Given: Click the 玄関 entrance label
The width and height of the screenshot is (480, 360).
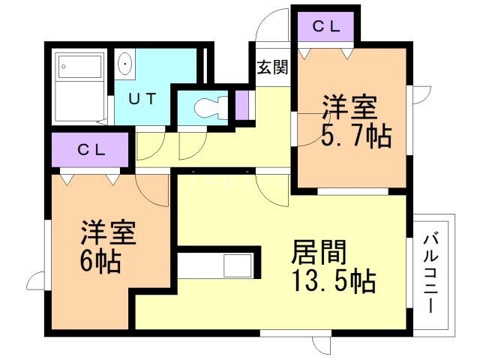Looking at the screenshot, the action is pyautogui.click(x=272, y=67).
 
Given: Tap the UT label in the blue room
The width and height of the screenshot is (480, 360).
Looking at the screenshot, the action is pyautogui.click(x=142, y=98).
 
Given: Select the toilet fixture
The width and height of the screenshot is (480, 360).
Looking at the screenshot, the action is pyautogui.click(x=211, y=106).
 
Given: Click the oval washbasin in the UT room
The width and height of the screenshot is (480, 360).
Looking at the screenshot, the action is pyautogui.click(x=125, y=64).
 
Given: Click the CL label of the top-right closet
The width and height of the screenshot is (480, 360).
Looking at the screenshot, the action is pyautogui.click(x=326, y=27).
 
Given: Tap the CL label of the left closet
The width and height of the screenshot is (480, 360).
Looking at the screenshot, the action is pyautogui.click(x=91, y=150).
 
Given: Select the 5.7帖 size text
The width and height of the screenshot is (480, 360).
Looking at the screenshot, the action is pyautogui.click(x=356, y=135).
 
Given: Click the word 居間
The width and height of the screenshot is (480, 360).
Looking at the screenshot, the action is pyautogui.click(x=319, y=252).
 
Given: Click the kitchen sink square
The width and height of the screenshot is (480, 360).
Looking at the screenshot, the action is pyautogui.click(x=238, y=265).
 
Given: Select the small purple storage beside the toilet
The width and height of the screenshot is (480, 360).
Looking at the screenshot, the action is pyautogui.click(x=241, y=105).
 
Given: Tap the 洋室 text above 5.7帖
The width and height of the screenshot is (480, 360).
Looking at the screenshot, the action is pyautogui.click(x=350, y=107).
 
